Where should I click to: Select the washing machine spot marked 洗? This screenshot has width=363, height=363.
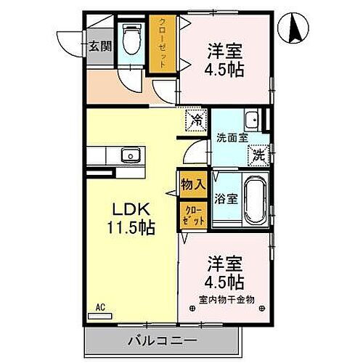(258, 154)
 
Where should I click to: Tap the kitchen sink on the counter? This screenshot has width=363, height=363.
(131, 155)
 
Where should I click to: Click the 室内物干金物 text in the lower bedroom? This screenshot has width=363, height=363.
(224, 298)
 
